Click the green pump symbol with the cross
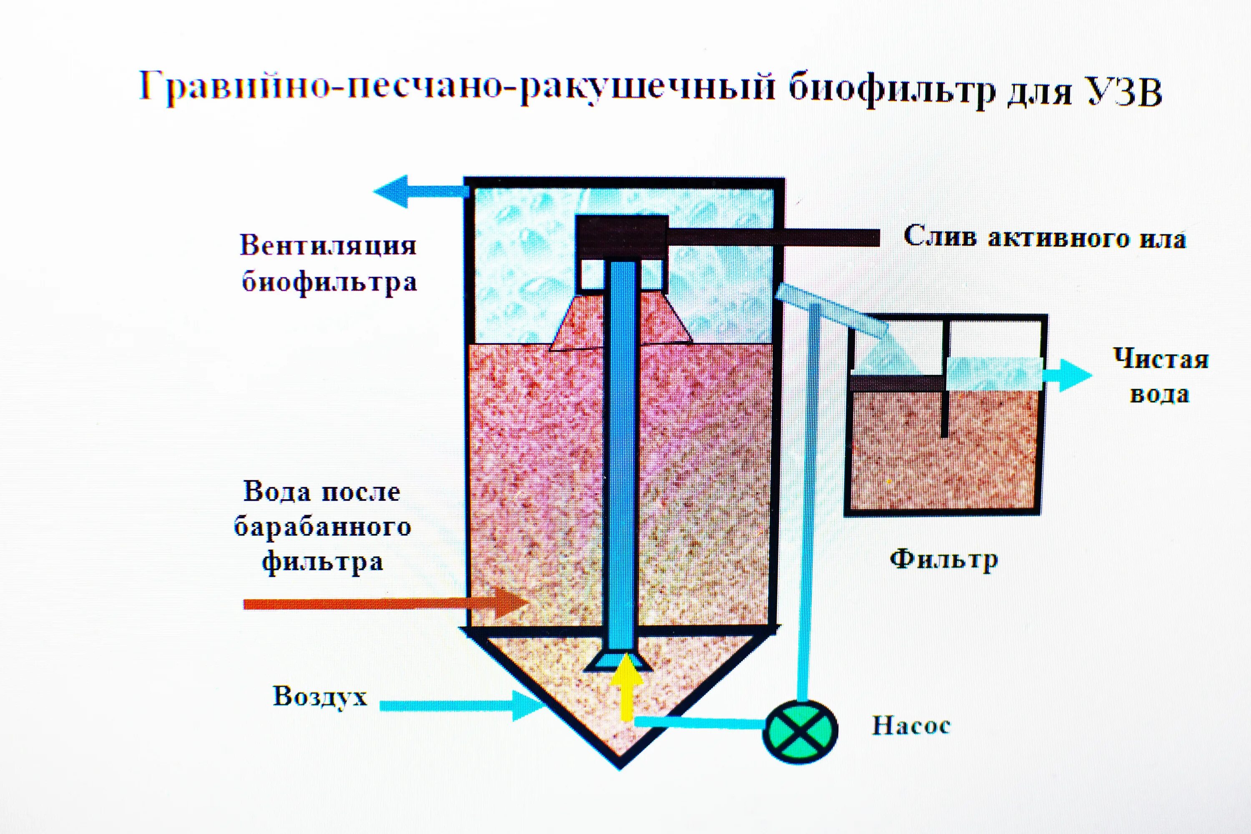pyautogui.click(x=799, y=732)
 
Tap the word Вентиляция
pyautogui.click(x=328, y=246)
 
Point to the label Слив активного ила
pyautogui.click(x=1045, y=237)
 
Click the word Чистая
pyautogui.click(x=1161, y=359)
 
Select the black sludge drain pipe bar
pyautogui.click(x=771, y=237)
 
